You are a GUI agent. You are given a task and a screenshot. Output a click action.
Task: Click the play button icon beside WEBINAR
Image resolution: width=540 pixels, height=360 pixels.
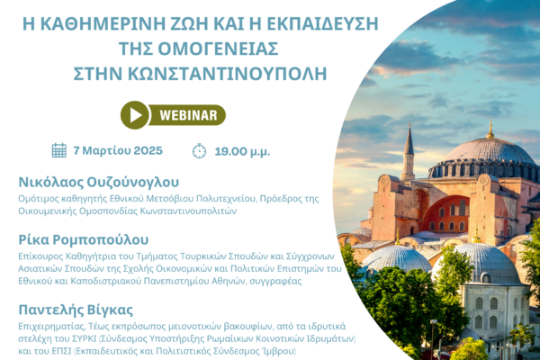tap(135, 115)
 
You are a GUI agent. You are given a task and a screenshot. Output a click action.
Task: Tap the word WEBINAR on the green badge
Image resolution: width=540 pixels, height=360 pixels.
tap(188, 115)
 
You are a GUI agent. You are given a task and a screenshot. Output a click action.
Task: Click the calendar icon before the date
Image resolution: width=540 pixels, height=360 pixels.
tap(59, 150)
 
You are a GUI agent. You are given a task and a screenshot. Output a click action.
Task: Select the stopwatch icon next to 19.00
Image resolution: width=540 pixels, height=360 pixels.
tap(199, 151)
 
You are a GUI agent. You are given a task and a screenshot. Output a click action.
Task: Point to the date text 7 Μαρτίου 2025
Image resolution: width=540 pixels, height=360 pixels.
tap(118, 150)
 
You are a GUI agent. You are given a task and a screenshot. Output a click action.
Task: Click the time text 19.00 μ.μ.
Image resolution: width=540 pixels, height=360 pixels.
tap(242, 151)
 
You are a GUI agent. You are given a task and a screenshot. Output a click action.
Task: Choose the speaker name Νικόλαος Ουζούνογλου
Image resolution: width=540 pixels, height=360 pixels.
tap(98, 182)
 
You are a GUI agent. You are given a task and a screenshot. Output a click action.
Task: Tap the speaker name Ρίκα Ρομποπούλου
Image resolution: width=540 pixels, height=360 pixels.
tap(84, 240)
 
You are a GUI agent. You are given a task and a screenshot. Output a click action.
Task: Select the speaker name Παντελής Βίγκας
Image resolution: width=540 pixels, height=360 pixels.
tap(76, 310)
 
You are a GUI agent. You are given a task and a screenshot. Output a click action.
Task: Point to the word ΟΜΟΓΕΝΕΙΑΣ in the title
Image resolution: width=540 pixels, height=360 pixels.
tap(218, 49)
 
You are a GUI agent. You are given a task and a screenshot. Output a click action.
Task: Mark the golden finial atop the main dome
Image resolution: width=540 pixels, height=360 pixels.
tap(490, 130)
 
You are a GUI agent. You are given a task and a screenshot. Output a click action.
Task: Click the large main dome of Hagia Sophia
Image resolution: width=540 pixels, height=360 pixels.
tap(490, 151)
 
